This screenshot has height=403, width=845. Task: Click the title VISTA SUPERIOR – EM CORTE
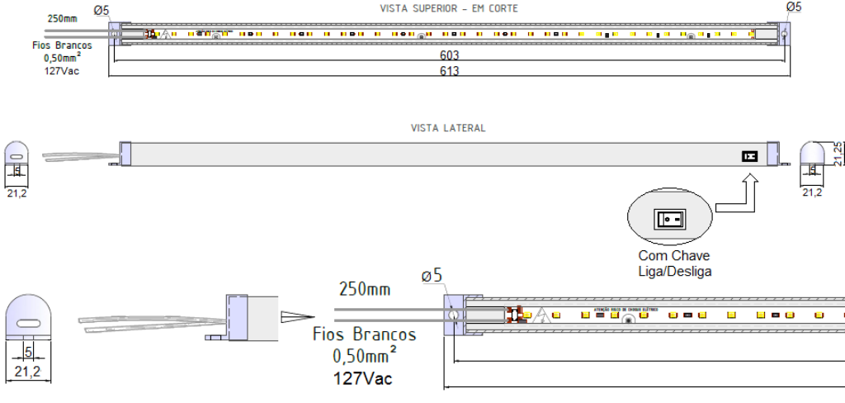(449, 8)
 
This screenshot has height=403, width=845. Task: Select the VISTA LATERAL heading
(448, 128)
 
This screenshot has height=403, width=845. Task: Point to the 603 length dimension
(449, 55)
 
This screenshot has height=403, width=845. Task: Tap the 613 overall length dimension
(449, 71)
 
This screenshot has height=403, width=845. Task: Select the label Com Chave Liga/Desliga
(673, 263)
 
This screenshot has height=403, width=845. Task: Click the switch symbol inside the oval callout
(669, 220)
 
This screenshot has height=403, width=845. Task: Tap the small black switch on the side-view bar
(748, 155)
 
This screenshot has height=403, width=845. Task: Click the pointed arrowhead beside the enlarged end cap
(297, 317)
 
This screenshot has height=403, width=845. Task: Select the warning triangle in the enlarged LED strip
(542, 315)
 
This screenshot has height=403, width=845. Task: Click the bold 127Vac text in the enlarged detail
(363, 378)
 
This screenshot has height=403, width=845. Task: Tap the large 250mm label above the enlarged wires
(365, 290)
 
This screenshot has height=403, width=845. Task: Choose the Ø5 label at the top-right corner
(793, 7)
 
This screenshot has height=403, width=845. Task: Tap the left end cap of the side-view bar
(126, 154)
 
